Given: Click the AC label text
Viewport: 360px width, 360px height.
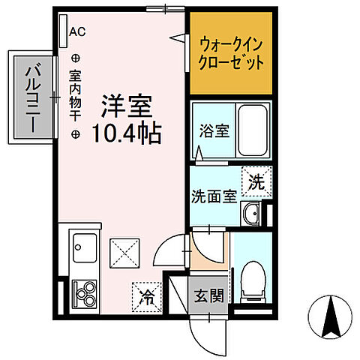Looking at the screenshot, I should (77, 31).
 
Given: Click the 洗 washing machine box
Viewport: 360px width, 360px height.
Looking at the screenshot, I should (256, 181).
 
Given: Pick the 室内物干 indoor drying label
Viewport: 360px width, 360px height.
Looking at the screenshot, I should (76, 98).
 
